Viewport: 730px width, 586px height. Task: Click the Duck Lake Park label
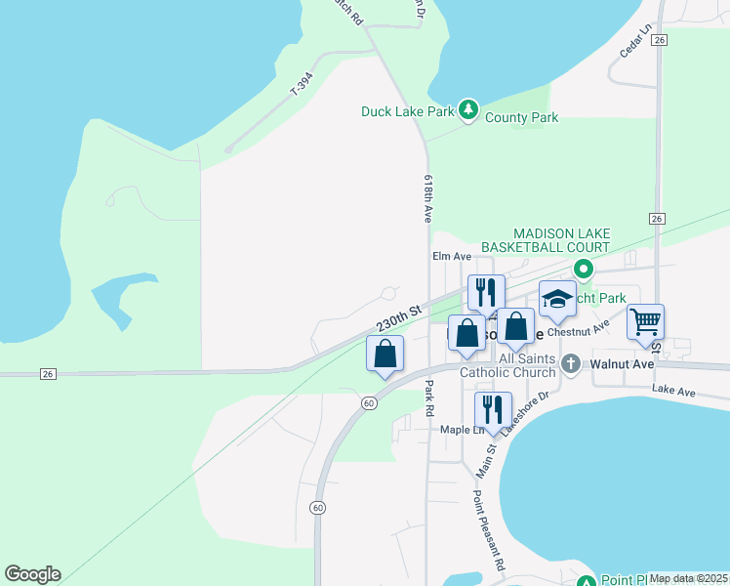click(407, 111)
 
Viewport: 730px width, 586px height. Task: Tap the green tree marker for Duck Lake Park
click(468, 110)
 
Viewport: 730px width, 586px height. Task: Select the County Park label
click(522, 118)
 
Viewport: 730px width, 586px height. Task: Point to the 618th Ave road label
click(427, 199)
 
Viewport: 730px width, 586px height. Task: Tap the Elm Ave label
click(452, 257)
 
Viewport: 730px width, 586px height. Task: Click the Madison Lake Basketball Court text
click(562, 240)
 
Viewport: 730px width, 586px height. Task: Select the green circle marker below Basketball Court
click(584, 269)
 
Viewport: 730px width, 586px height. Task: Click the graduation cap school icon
click(556, 299)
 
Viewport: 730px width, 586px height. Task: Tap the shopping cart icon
click(645, 320)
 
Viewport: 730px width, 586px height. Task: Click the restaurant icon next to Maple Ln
click(493, 409)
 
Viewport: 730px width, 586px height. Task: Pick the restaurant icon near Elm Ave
click(485, 292)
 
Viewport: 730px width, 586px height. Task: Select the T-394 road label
click(304, 85)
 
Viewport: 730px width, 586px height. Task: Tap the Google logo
click(32, 574)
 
